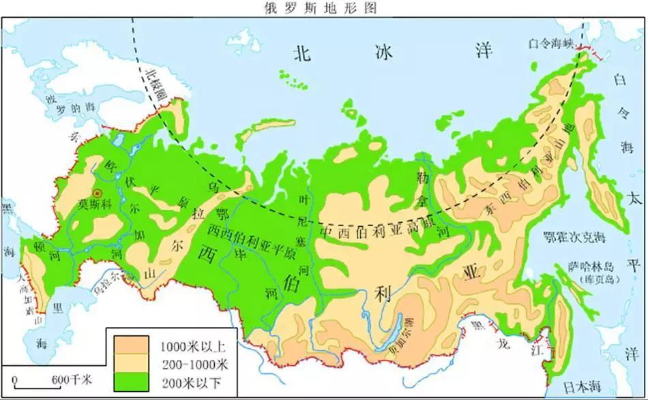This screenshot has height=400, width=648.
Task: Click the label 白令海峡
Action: click(x=552, y=44)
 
